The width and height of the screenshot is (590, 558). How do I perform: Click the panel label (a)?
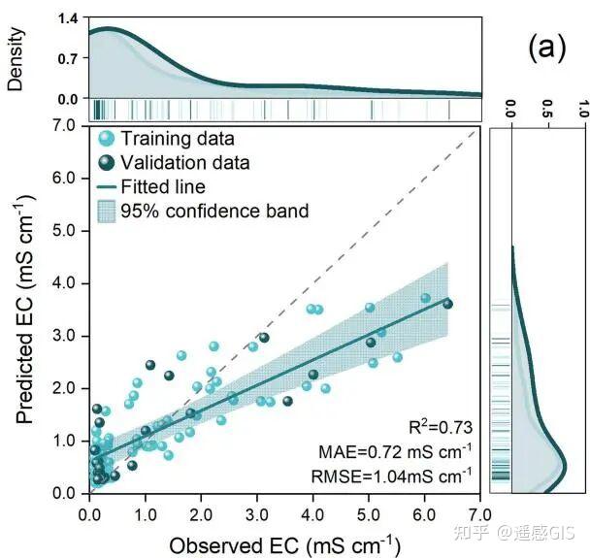(546, 49)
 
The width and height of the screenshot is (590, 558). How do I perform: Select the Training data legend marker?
(106, 139)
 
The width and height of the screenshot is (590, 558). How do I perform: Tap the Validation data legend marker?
(106, 162)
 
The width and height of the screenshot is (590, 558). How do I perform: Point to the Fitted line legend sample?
(107, 187)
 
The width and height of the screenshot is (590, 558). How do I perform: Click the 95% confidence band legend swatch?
(107, 212)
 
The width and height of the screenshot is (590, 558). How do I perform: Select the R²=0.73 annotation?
(441, 427)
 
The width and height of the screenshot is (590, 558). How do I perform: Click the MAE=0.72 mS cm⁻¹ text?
(395, 451)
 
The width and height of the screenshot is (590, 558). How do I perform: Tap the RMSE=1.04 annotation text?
(391, 476)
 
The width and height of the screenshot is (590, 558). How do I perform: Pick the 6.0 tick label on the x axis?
(424, 514)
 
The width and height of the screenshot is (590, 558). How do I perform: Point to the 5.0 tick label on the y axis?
(64, 231)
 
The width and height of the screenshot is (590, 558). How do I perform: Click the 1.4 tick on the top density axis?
(68, 18)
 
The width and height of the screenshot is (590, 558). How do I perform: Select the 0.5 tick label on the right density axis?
(548, 109)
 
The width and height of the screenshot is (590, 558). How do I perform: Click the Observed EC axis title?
(285, 545)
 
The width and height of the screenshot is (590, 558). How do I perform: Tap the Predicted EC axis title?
(26, 310)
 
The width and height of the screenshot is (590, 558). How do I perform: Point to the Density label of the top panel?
(16, 58)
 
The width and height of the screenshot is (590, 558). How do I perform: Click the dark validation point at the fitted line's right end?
(447, 304)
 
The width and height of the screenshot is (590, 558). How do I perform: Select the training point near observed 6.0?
(426, 298)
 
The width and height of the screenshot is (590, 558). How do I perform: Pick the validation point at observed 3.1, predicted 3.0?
(264, 338)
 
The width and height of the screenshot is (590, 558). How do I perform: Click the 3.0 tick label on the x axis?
(257, 514)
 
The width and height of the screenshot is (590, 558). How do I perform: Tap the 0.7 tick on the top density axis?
(68, 59)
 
